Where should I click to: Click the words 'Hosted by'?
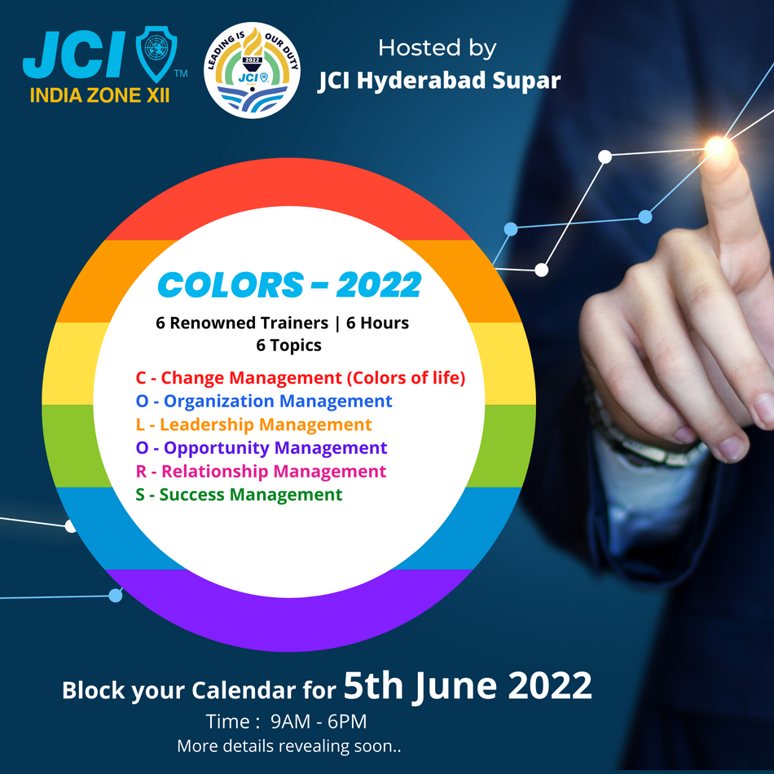pos(437,48)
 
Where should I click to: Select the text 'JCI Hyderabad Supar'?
pos(439,81)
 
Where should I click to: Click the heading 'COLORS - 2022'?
pos(289,286)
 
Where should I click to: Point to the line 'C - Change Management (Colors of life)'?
pos(300,378)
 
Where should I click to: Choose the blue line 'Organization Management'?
pos(264,402)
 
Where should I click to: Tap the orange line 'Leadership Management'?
pos(253,424)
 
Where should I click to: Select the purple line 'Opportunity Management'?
pos(262,448)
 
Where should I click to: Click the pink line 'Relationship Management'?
pos(261,472)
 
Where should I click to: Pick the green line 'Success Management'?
pos(239,495)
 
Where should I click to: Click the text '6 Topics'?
pos(288,345)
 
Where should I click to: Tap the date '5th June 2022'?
pos(467,687)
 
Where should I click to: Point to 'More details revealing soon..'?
pos(289,745)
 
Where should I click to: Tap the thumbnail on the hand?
pos(729,446)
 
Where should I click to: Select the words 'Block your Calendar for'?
pos(199,691)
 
